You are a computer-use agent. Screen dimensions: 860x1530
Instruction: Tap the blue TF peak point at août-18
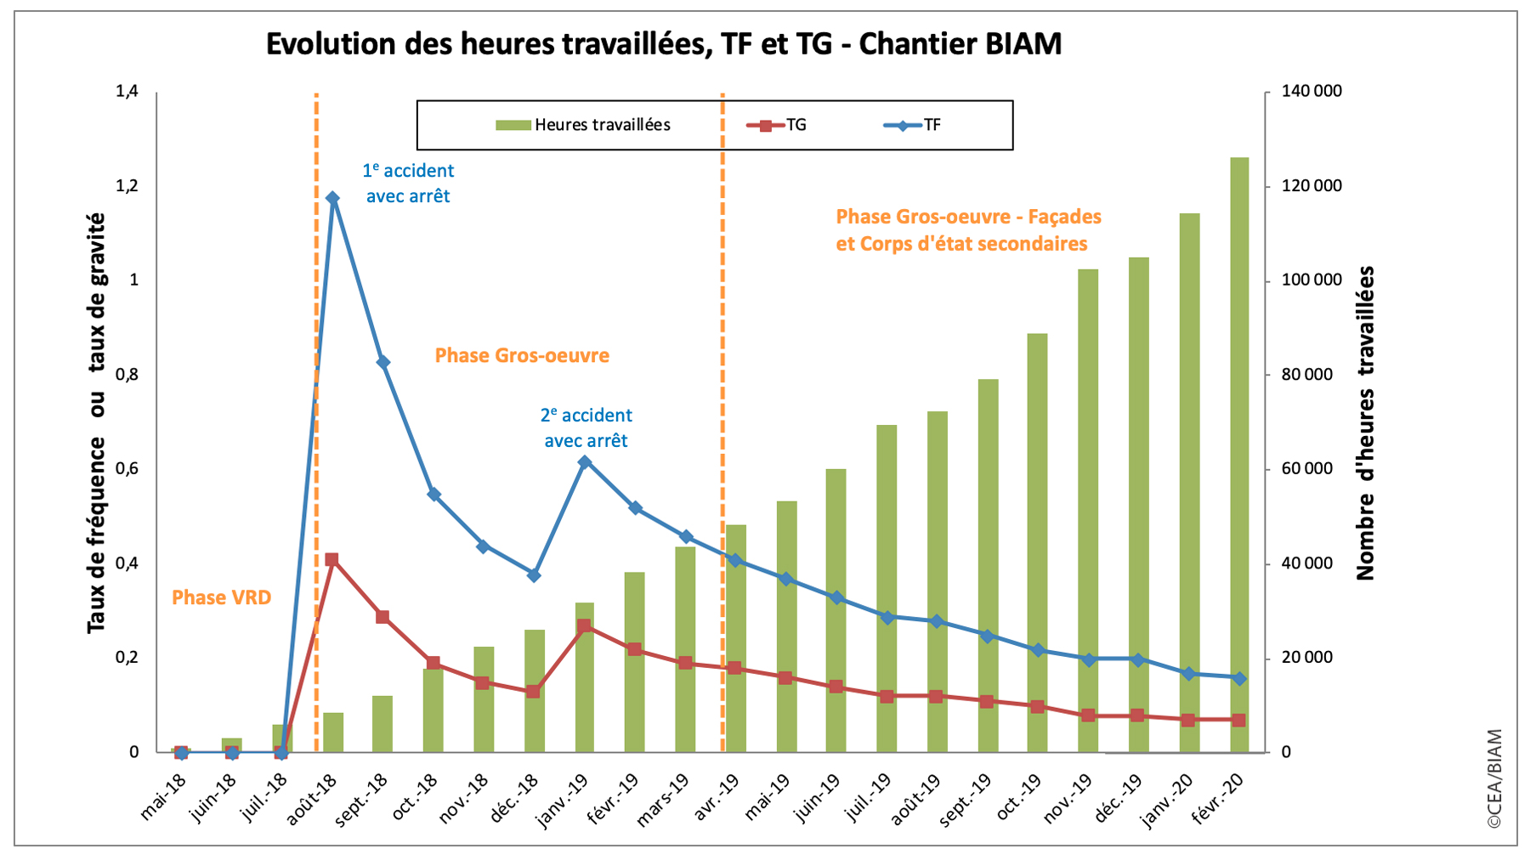tap(332, 198)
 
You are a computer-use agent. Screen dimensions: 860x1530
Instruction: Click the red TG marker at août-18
tap(331, 560)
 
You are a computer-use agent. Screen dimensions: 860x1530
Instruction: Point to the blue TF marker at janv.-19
tap(584, 462)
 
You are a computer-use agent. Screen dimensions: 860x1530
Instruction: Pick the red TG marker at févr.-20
tap(1239, 720)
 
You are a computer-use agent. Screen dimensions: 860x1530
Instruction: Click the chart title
tap(664, 43)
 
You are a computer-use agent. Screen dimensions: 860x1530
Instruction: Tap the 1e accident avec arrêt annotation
tap(408, 183)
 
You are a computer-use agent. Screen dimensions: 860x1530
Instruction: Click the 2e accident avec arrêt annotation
tap(586, 427)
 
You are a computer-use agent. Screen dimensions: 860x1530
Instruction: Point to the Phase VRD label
tap(221, 597)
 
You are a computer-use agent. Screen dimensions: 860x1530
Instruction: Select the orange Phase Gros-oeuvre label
tap(522, 355)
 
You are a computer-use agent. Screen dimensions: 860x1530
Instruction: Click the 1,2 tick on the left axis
tap(127, 186)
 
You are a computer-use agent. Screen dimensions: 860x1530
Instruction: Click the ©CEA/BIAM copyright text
tap(1494, 778)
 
